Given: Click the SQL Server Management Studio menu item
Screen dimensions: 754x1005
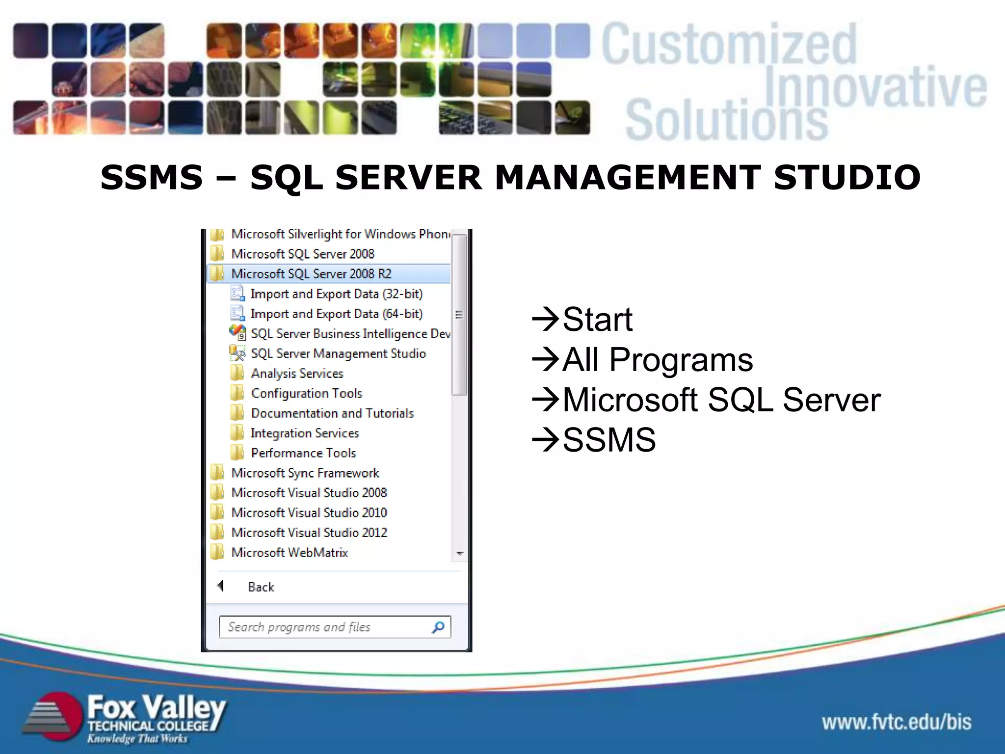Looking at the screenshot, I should [x=338, y=353].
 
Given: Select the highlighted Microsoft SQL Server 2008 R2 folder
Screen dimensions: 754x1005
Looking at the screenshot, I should [x=311, y=273].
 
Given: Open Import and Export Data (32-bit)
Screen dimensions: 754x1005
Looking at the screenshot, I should [x=336, y=294].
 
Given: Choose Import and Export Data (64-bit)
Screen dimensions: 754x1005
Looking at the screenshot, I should [x=336, y=314].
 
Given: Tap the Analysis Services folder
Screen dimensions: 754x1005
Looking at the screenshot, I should [x=297, y=374].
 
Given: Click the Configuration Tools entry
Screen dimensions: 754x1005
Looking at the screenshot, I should [x=306, y=393].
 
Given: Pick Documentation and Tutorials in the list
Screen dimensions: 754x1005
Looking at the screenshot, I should [x=332, y=413].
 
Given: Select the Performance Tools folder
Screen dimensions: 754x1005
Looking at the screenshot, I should [x=303, y=453].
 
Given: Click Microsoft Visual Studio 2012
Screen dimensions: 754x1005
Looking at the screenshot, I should [x=309, y=533].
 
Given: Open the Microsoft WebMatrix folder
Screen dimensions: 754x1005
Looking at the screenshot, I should [x=289, y=553].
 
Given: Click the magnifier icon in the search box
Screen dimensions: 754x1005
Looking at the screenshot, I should [x=438, y=627].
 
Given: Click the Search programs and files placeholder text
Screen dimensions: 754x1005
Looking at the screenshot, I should [x=299, y=627].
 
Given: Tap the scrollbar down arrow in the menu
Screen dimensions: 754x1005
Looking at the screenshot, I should [x=460, y=553].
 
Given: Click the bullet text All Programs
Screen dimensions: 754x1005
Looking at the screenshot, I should [x=657, y=360].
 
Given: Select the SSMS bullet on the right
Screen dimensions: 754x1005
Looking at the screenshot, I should [x=608, y=440].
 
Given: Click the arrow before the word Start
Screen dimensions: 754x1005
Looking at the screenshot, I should [x=545, y=320].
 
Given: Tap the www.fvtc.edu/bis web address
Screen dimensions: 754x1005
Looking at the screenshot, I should [x=897, y=722].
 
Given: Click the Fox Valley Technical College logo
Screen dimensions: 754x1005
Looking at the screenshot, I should [x=125, y=718].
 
